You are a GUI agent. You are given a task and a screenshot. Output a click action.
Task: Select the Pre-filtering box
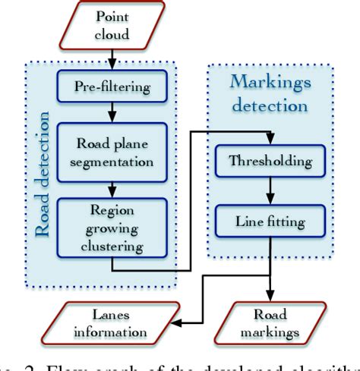pos(112,85)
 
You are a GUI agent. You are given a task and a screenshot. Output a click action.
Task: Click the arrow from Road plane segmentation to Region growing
pos(112,185)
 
